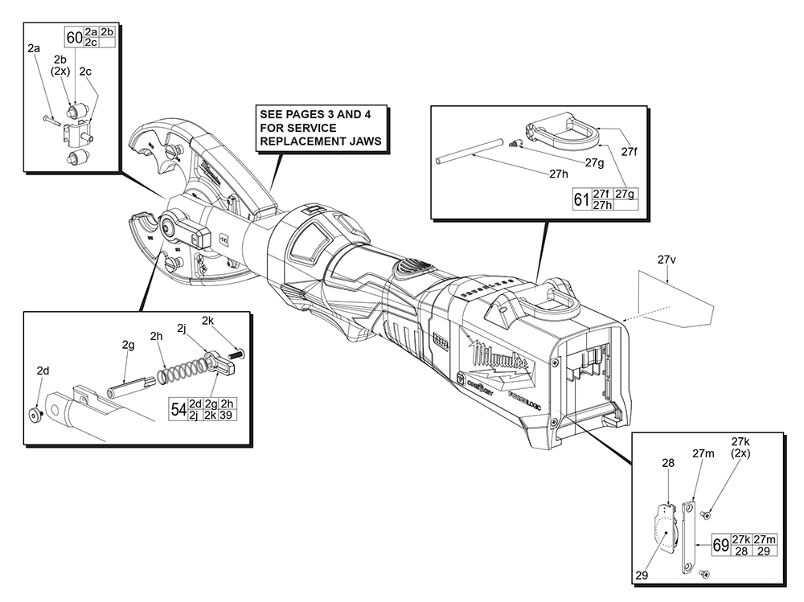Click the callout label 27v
click(667, 260)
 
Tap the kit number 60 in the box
click(74, 37)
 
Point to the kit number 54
click(178, 409)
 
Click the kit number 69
click(720, 546)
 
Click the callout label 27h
click(558, 173)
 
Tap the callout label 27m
click(703, 453)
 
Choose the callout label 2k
click(207, 319)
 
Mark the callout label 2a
click(34, 49)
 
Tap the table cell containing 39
click(228, 415)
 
